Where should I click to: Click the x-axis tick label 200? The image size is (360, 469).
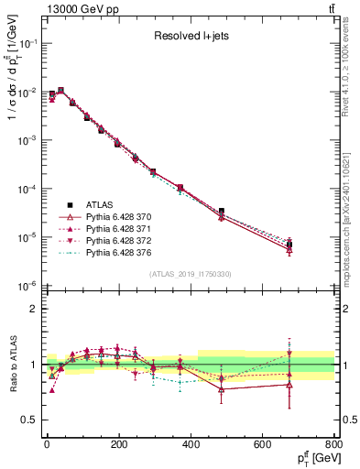click(x=118, y=444)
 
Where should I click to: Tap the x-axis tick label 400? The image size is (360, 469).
click(x=191, y=444)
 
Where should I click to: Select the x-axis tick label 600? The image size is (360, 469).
click(x=263, y=444)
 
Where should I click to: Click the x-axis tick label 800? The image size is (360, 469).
click(x=334, y=444)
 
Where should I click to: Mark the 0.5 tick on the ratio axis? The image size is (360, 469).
click(x=29, y=420)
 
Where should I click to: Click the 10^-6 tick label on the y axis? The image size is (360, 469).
click(x=27, y=286)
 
